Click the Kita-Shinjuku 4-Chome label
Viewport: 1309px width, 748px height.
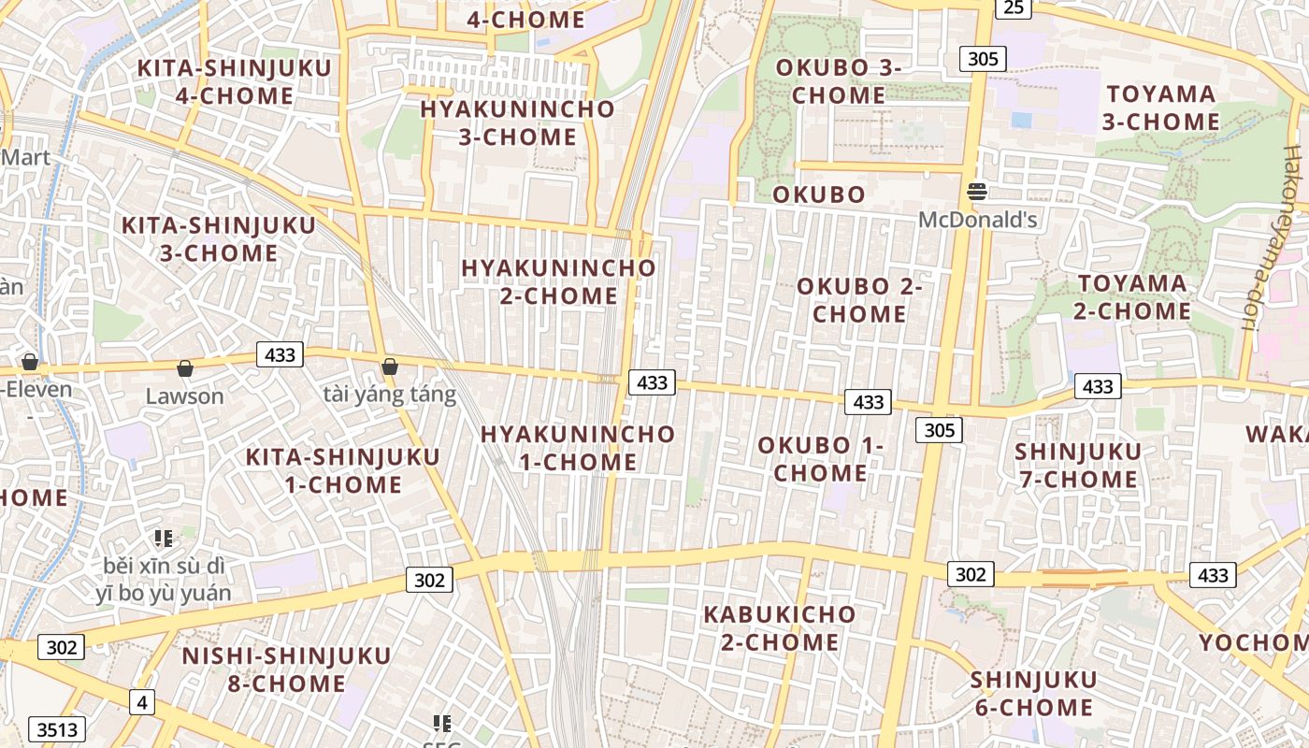pos(234,82)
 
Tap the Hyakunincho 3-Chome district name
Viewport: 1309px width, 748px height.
pos(517,122)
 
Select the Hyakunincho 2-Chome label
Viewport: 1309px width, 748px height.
pos(558,281)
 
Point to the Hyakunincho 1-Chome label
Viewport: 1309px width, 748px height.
pos(577,448)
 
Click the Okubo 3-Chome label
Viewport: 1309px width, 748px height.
pos(839,81)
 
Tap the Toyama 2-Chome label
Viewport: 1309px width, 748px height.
pos(1132,296)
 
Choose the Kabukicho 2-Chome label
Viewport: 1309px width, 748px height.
pos(779,628)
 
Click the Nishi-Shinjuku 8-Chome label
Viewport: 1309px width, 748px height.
pos(286,669)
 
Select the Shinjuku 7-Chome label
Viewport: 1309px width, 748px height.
pos(1077,466)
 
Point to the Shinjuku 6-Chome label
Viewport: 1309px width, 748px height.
pos(1032,693)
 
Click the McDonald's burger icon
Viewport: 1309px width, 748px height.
pos(978,192)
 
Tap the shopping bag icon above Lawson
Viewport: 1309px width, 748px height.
pos(185,368)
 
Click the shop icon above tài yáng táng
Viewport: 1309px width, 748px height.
pos(390,367)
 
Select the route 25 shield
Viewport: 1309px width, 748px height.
pos(1014,7)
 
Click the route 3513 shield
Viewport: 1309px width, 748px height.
pos(58,729)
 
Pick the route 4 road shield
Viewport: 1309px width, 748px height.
pos(142,701)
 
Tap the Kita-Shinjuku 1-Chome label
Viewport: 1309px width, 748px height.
pos(342,470)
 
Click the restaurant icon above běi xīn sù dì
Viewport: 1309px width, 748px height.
pos(164,538)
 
